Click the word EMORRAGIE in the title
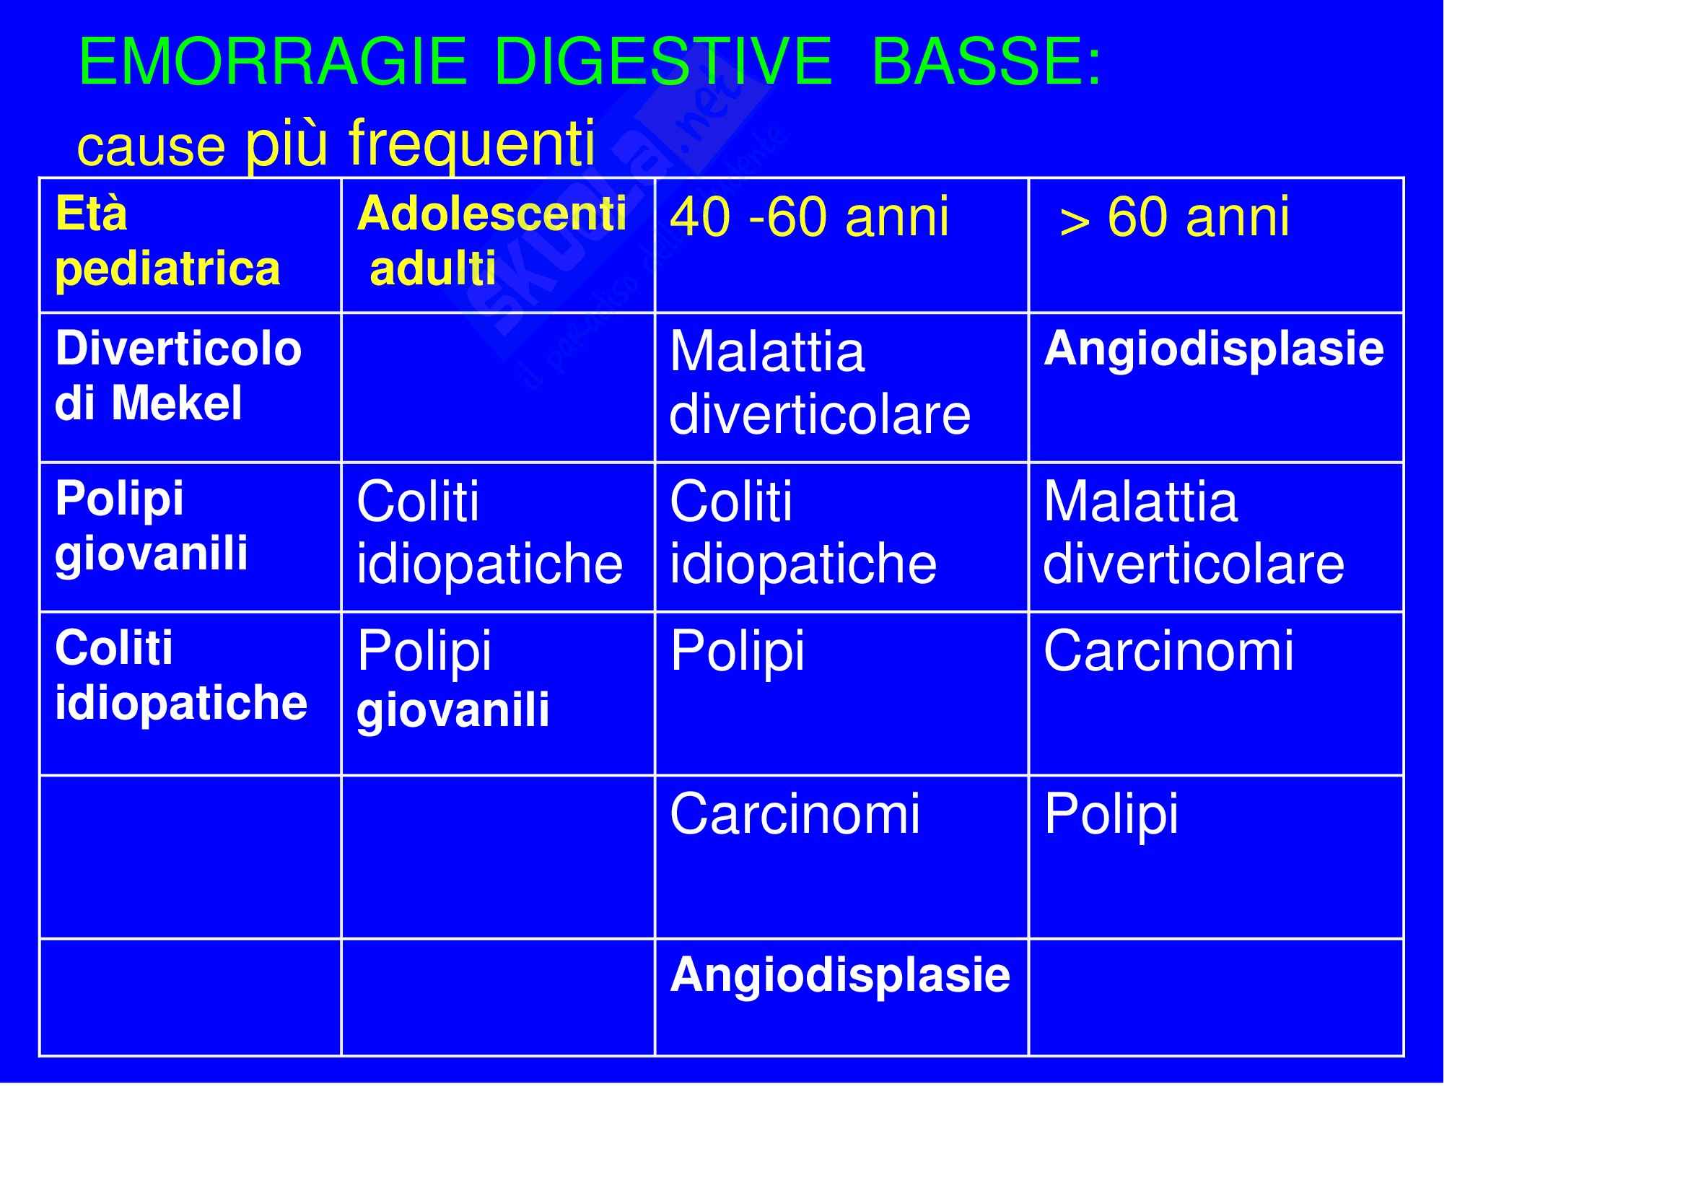[x=272, y=62]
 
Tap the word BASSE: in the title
[x=986, y=62]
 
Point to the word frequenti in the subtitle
[x=471, y=144]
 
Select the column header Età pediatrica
[x=167, y=242]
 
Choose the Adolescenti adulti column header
[x=491, y=241]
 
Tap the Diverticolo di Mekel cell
[x=178, y=375]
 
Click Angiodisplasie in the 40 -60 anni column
[x=840, y=975]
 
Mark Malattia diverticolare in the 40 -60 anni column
[x=820, y=383]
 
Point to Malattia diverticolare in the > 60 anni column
[x=1194, y=531]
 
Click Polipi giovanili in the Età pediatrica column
[x=152, y=525]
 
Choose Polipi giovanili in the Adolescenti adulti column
[x=453, y=680]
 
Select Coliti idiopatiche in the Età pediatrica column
[x=181, y=676]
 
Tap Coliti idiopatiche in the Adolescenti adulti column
[x=489, y=531]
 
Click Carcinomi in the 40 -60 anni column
[x=795, y=813]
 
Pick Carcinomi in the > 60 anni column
[x=1169, y=650]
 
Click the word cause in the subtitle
[x=151, y=147]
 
